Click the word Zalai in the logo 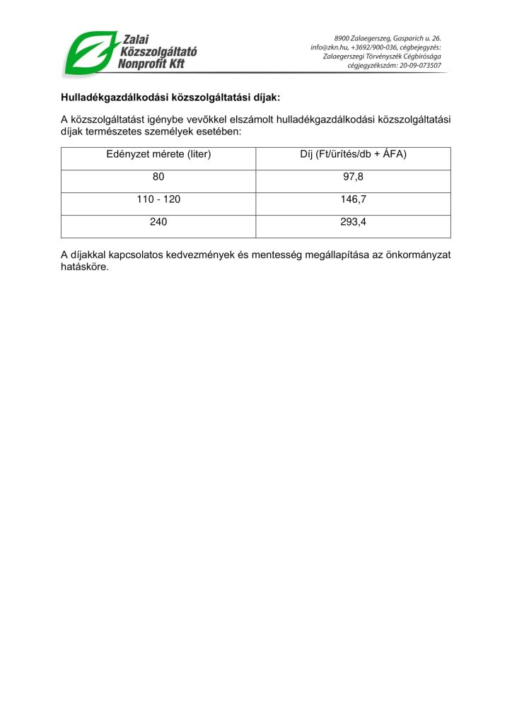point(137,40)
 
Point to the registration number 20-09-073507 point(421,66)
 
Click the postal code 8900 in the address point(343,38)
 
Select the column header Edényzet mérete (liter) point(158,153)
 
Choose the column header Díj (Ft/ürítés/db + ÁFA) point(353,153)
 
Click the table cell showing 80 point(158,177)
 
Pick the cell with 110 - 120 point(158,199)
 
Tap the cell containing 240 point(158,222)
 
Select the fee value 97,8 point(353,177)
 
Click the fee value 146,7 point(353,199)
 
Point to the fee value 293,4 point(353,222)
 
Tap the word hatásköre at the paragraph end point(85,267)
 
